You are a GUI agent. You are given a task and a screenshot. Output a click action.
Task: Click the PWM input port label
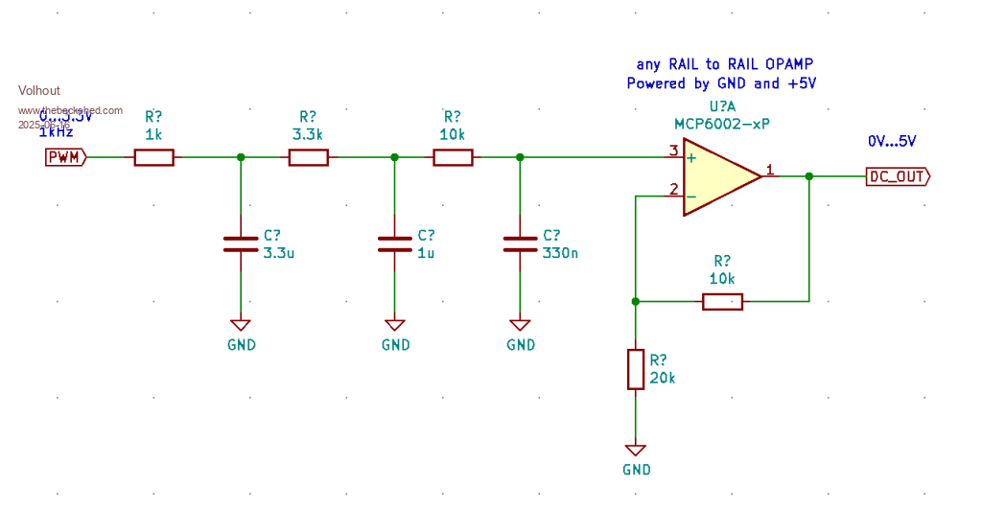(x=64, y=157)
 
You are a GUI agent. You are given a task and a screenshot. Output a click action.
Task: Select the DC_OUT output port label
(x=897, y=176)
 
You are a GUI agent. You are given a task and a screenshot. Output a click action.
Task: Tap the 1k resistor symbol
(x=153, y=157)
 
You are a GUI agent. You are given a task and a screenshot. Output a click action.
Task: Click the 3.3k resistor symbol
(x=308, y=157)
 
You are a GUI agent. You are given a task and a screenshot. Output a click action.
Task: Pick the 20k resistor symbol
(x=635, y=369)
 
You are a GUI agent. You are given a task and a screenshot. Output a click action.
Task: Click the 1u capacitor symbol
(x=394, y=243)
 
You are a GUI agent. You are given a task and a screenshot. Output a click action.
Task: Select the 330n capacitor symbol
(x=520, y=243)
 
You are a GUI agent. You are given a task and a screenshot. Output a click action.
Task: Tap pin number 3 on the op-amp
(x=674, y=150)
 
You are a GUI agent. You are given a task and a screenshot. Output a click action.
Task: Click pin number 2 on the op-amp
(x=674, y=189)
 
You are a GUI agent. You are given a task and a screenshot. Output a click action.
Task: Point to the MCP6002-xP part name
(x=721, y=124)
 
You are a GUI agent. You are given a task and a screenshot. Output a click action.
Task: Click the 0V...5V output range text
(x=892, y=141)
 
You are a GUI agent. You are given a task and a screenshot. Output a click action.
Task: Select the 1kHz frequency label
(x=56, y=132)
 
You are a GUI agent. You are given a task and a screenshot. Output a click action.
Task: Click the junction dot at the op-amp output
(x=809, y=176)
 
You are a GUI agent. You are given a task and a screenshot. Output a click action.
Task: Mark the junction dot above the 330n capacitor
(x=520, y=157)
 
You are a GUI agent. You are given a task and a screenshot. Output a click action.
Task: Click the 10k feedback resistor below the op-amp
(x=722, y=302)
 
